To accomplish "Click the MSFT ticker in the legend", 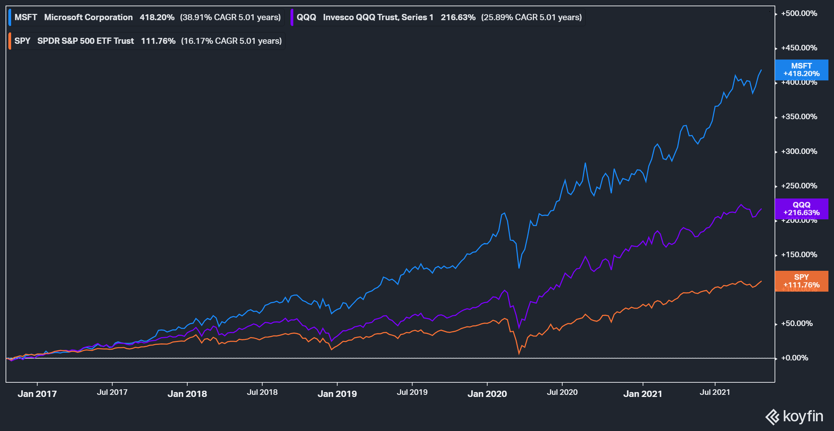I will (26, 17).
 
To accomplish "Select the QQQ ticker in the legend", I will (306, 17).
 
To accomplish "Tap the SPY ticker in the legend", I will (23, 41).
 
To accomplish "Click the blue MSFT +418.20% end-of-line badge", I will (801, 70).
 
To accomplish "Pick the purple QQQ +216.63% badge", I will (801, 209).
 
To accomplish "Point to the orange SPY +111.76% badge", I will (801, 281).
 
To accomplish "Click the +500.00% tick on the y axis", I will (799, 14).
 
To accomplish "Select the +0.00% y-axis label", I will (794, 358).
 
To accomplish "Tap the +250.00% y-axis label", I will (799, 186).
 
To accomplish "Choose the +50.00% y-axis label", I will (797, 324).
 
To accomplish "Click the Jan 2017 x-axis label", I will (37, 394).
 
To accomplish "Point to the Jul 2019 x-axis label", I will (412, 392).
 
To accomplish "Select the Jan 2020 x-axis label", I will (487, 394).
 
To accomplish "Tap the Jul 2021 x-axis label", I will (715, 392).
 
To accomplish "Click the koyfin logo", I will (794, 416).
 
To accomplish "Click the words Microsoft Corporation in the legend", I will (88, 17).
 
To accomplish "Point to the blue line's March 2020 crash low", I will (519, 268).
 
